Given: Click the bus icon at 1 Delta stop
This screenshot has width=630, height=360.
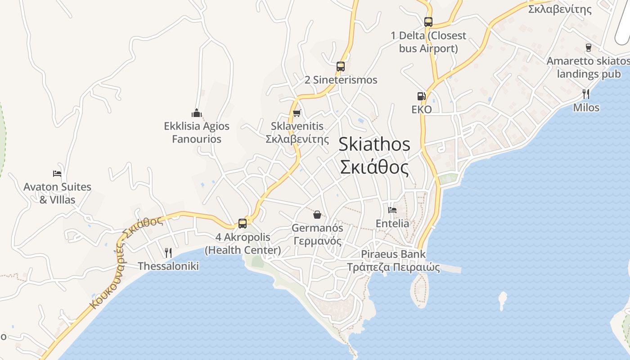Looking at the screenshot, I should (x=428, y=22).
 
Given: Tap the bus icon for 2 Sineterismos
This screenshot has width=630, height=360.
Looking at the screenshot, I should (x=341, y=67).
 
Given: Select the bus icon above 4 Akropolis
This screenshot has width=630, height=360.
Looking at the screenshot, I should (x=243, y=223).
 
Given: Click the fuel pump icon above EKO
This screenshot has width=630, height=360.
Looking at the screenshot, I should (x=421, y=96).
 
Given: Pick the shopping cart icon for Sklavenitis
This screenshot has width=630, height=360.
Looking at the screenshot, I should (x=297, y=113).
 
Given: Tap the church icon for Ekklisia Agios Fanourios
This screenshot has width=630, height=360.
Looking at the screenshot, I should (x=196, y=112).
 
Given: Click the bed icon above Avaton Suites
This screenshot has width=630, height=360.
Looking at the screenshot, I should (x=57, y=173).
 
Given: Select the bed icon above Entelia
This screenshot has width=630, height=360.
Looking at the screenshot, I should (x=392, y=210).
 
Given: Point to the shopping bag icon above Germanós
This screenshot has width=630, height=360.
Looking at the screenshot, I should (x=317, y=214).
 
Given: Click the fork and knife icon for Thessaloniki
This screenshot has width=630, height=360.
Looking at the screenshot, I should (x=168, y=252).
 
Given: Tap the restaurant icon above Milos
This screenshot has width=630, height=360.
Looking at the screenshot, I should (x=586, y=94).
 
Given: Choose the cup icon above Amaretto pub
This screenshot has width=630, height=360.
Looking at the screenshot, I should (x=588, y=47).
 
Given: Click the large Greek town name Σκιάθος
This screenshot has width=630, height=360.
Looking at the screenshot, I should (x=374, y=167).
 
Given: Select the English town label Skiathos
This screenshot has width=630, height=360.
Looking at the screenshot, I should (x=374, y=144).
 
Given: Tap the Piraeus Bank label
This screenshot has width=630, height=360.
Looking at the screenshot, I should (x=393, y=254).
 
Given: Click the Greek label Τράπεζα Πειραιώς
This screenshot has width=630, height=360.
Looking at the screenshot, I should (x=393, y=267).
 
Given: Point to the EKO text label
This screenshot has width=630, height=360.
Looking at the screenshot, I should (x=421, y=109).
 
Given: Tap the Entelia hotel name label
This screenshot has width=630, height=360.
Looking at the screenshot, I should (x=392, y=224).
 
